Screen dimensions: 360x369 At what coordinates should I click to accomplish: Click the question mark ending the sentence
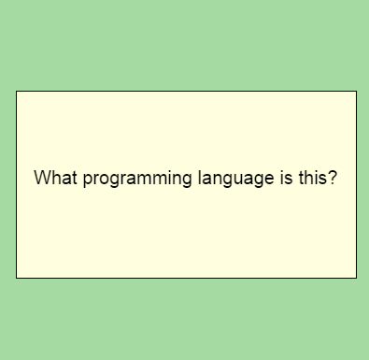(x=332, y=178)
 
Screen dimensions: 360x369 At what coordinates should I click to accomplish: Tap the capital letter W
(x=42, y=178)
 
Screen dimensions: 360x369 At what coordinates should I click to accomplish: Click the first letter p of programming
(x=88, y=180)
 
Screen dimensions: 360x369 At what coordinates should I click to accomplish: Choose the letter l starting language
(x=198, y=178)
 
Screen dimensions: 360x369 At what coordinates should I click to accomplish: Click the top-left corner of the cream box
(x=16, y=91)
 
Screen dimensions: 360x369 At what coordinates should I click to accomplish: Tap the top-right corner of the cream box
(x=356, y=91)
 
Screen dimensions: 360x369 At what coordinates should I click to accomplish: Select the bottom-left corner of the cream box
(x=16, y=278)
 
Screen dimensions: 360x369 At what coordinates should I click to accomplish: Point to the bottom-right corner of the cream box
(x=356, y=278)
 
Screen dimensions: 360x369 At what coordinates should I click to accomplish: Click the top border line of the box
(x=186, y=91)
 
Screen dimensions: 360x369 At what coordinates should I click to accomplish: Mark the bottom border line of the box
(x=186, y=278)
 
